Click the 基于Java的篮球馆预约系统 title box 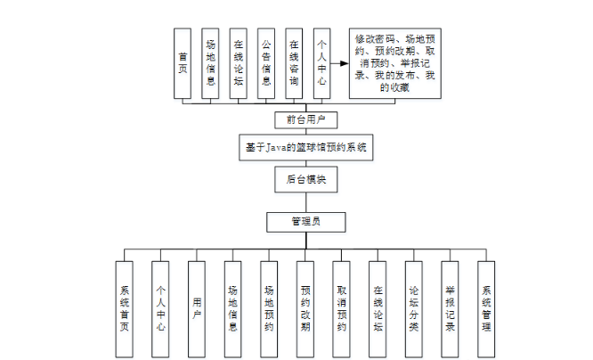point(306,146)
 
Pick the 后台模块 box point(306,179)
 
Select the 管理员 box point(306,221)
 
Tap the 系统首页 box point(125,307)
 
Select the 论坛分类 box point(414,307)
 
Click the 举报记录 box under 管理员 point(451,307)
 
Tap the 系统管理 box point(486,307)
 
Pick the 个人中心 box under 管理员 point(161,307)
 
